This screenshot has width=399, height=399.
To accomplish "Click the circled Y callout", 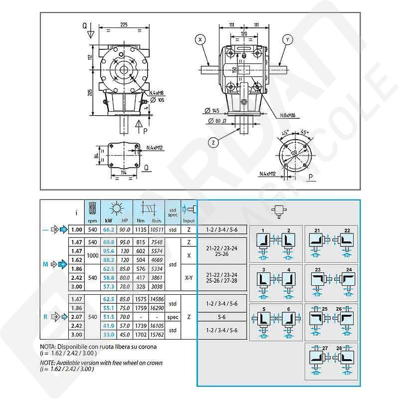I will tap(288, 39).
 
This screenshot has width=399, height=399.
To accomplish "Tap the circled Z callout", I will tap(213, 142).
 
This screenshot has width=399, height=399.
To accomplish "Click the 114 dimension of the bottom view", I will tap(122, 173).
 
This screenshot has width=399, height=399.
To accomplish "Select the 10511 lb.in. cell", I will tap(157, 229).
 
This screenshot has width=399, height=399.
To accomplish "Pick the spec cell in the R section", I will tap(173, 317).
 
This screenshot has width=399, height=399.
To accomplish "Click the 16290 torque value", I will tap(157, 308).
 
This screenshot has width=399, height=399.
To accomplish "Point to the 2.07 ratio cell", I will tap(76, 317).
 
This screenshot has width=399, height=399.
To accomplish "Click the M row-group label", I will tap(45, 264).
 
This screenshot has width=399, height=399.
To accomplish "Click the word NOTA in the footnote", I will tap(48, 347).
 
